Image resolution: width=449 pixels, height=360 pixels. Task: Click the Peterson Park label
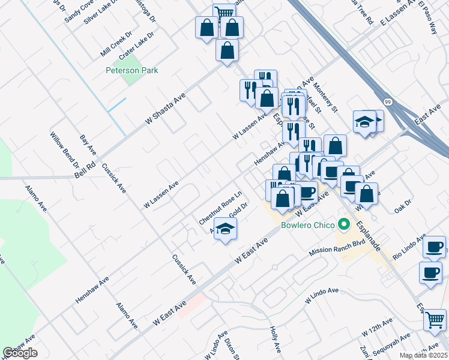tap(131, 70)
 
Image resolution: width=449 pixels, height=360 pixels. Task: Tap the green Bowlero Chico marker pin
tap(344, 225)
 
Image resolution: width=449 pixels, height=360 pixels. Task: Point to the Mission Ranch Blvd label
tap(337, 247)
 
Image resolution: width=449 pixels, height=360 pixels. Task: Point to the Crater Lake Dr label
tap(136, 45)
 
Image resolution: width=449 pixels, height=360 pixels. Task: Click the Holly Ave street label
tap(276, 339)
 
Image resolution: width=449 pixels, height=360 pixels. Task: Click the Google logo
tap(20, 353)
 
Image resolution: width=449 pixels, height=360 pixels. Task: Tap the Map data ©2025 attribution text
tap(423, 355)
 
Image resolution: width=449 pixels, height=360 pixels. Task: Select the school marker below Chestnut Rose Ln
tap(225, 229)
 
